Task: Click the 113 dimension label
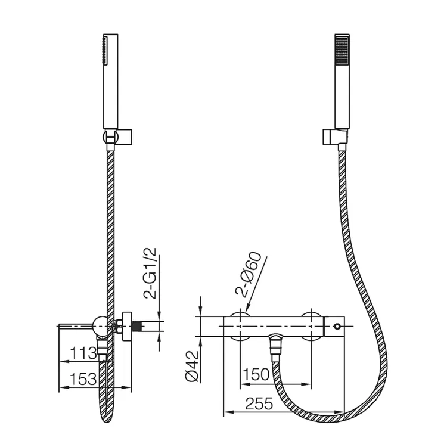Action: coord(83,353)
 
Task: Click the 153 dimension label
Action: coord(83,379)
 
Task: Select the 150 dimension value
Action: coord(256,374)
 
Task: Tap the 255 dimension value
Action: coord(259,403)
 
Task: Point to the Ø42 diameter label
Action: coord(191,365)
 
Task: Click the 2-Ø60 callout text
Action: coord(247,274)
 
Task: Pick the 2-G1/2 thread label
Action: coord(150,273)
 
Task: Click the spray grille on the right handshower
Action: coord(342,52)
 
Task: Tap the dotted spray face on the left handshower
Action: coord(105,51)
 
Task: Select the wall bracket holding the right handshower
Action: coord(335,137)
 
